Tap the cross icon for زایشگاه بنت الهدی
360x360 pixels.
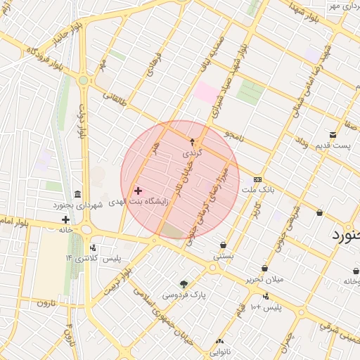[138, 191]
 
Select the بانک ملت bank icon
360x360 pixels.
[257, 179]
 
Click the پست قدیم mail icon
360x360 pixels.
[333, 135]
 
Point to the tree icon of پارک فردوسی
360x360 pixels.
[184, 285]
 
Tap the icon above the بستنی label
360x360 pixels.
[223, 245]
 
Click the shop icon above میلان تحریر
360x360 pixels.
[264, 268]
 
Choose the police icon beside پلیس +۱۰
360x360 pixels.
[265, 296]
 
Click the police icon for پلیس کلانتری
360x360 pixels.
[93, 247]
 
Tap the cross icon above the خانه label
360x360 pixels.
[65, 219]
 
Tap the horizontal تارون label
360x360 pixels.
[46, 303]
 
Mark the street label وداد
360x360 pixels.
[301, 143]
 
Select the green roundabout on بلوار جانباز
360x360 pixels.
[84, 81]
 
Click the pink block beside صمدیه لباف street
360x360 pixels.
[206, 91]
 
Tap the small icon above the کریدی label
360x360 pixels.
[192, 141]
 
